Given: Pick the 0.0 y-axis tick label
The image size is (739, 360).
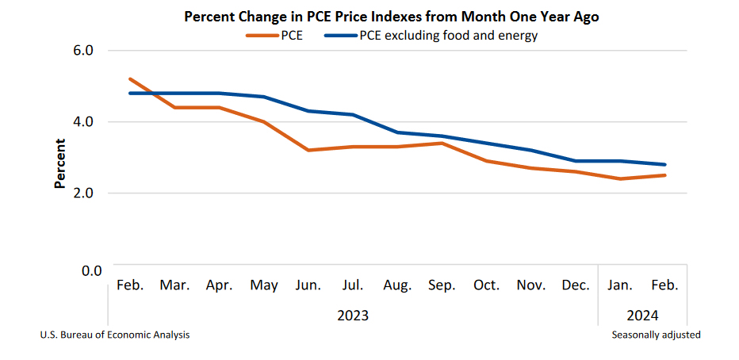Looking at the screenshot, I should [x=91, y=270].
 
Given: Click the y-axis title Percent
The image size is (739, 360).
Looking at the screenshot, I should [x=60, y=163].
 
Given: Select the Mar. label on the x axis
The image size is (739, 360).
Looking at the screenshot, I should [x=174, y=285].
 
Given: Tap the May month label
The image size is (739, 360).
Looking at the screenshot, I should [x=263, y=285].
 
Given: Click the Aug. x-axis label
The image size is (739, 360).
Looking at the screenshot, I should [x=396, y=285].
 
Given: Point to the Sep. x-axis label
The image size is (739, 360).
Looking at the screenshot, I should [x=441, y=285].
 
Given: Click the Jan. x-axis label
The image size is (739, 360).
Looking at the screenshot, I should [x=619, y=285].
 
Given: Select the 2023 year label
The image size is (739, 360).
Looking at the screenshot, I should [x=353, y=316].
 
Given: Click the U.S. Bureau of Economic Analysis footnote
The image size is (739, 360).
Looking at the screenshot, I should [x=115, y=335].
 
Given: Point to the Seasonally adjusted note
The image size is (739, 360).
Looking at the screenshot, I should [x=656, y=335].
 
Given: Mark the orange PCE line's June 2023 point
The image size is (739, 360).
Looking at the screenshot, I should [x=308, y=150].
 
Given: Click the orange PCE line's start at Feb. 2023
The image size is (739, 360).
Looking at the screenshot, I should [x=130, y=79].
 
